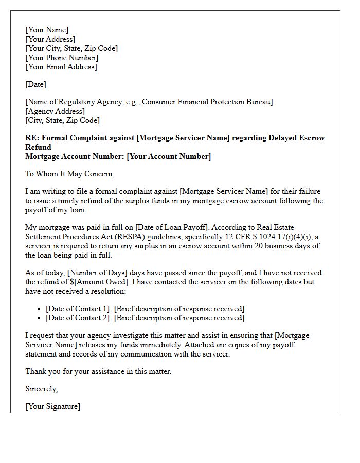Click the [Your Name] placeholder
(x=47, y=30)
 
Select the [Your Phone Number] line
(x=62, y=58)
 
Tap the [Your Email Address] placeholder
(x=61, y=67)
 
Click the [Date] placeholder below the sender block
(x=35, y=84)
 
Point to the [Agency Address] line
(x=55, y=111)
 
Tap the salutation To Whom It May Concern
(x=69, y=174)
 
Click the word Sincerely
(x=41, y=389)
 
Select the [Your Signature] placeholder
(x=52, y=406)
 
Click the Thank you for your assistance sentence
(x=98, y=371)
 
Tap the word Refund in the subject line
(x=38, y=147)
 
